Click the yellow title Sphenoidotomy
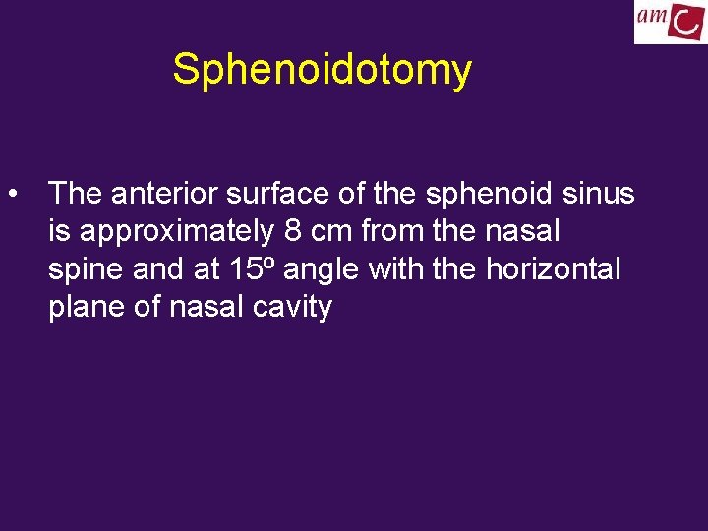322,70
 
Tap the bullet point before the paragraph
13,194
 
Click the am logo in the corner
669,22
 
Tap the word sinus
599,194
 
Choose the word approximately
178,232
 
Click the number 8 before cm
292,232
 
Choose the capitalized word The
76,194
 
